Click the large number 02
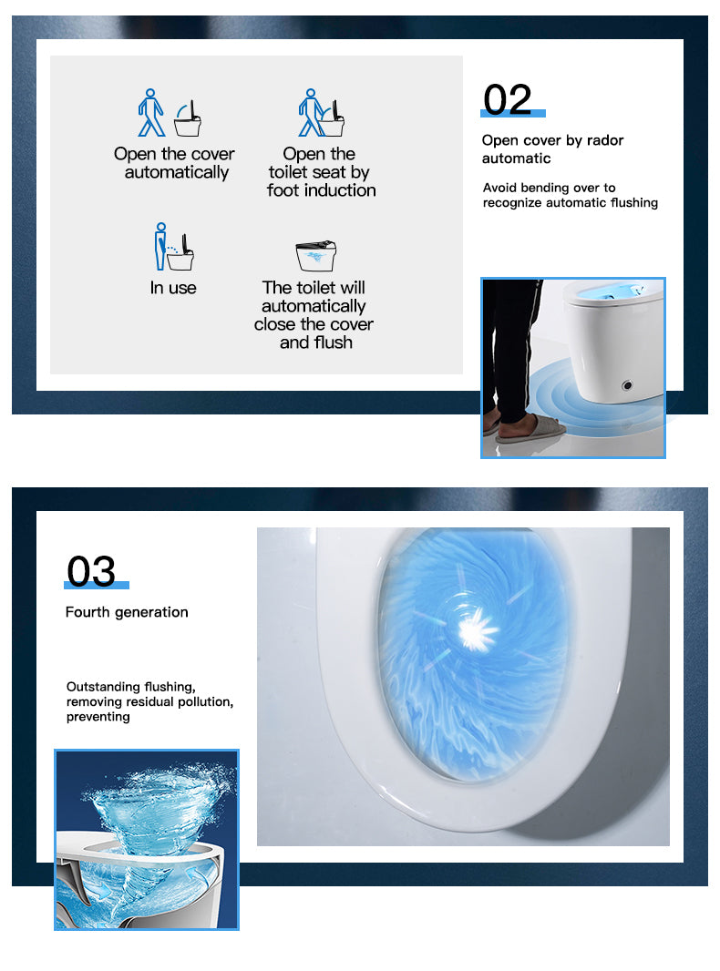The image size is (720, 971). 507,99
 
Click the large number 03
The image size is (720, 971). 91,571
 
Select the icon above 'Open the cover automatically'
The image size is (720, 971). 170,113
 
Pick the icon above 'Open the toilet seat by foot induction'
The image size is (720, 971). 320,113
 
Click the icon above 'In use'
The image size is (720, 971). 173,247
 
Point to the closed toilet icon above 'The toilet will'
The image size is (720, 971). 316,256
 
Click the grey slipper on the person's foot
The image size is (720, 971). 530,429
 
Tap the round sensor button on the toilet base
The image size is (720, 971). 627,385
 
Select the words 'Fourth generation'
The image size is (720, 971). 127,612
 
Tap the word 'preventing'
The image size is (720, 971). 98,717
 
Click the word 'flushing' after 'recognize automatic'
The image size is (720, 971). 633,202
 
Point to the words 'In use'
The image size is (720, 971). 173,288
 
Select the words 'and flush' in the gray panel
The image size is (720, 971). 316,342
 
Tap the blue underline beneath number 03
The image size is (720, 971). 97,585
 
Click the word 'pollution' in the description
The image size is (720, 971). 205,702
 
